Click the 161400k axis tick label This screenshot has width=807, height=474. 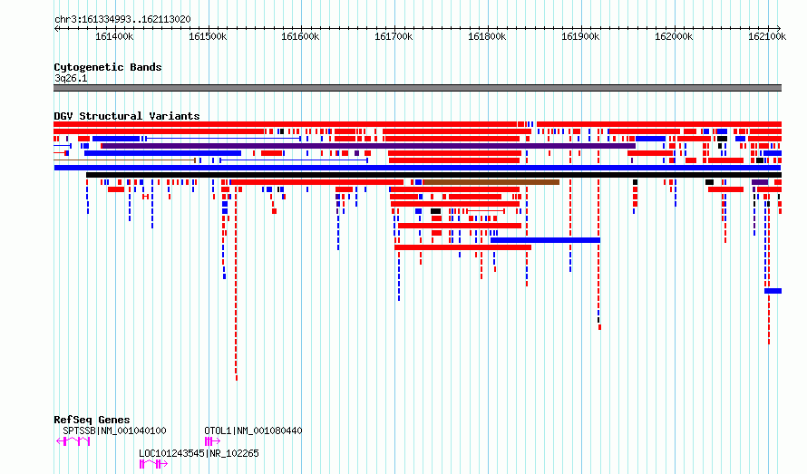(114, 36)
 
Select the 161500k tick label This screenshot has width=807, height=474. (208, 36)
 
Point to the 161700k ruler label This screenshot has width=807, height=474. (394, 36)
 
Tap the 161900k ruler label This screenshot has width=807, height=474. (580, 36)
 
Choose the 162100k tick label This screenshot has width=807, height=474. (767, 36)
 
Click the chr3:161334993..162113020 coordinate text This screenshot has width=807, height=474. (122, 20)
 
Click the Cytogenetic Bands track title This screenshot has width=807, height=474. (108, 67)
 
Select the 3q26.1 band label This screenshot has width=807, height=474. (71, 78)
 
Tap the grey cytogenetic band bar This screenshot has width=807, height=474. (417, 88)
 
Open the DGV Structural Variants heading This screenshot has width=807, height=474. (127, 116)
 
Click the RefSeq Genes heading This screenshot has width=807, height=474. (92, 420)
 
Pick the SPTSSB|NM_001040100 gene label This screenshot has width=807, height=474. (114, 430)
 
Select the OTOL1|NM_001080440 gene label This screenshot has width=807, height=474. (253, 430)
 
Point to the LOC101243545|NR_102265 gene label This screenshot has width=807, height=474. (199, 453)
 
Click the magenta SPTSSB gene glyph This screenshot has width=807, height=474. (73, 441)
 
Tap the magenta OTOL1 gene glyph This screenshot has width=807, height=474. (212, 441)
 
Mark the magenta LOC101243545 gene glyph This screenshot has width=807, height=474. (153, 464)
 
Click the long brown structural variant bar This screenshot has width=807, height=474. (491, 182)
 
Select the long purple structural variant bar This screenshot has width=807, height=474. (368, 146)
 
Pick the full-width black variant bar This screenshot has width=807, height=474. (433, 175)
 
